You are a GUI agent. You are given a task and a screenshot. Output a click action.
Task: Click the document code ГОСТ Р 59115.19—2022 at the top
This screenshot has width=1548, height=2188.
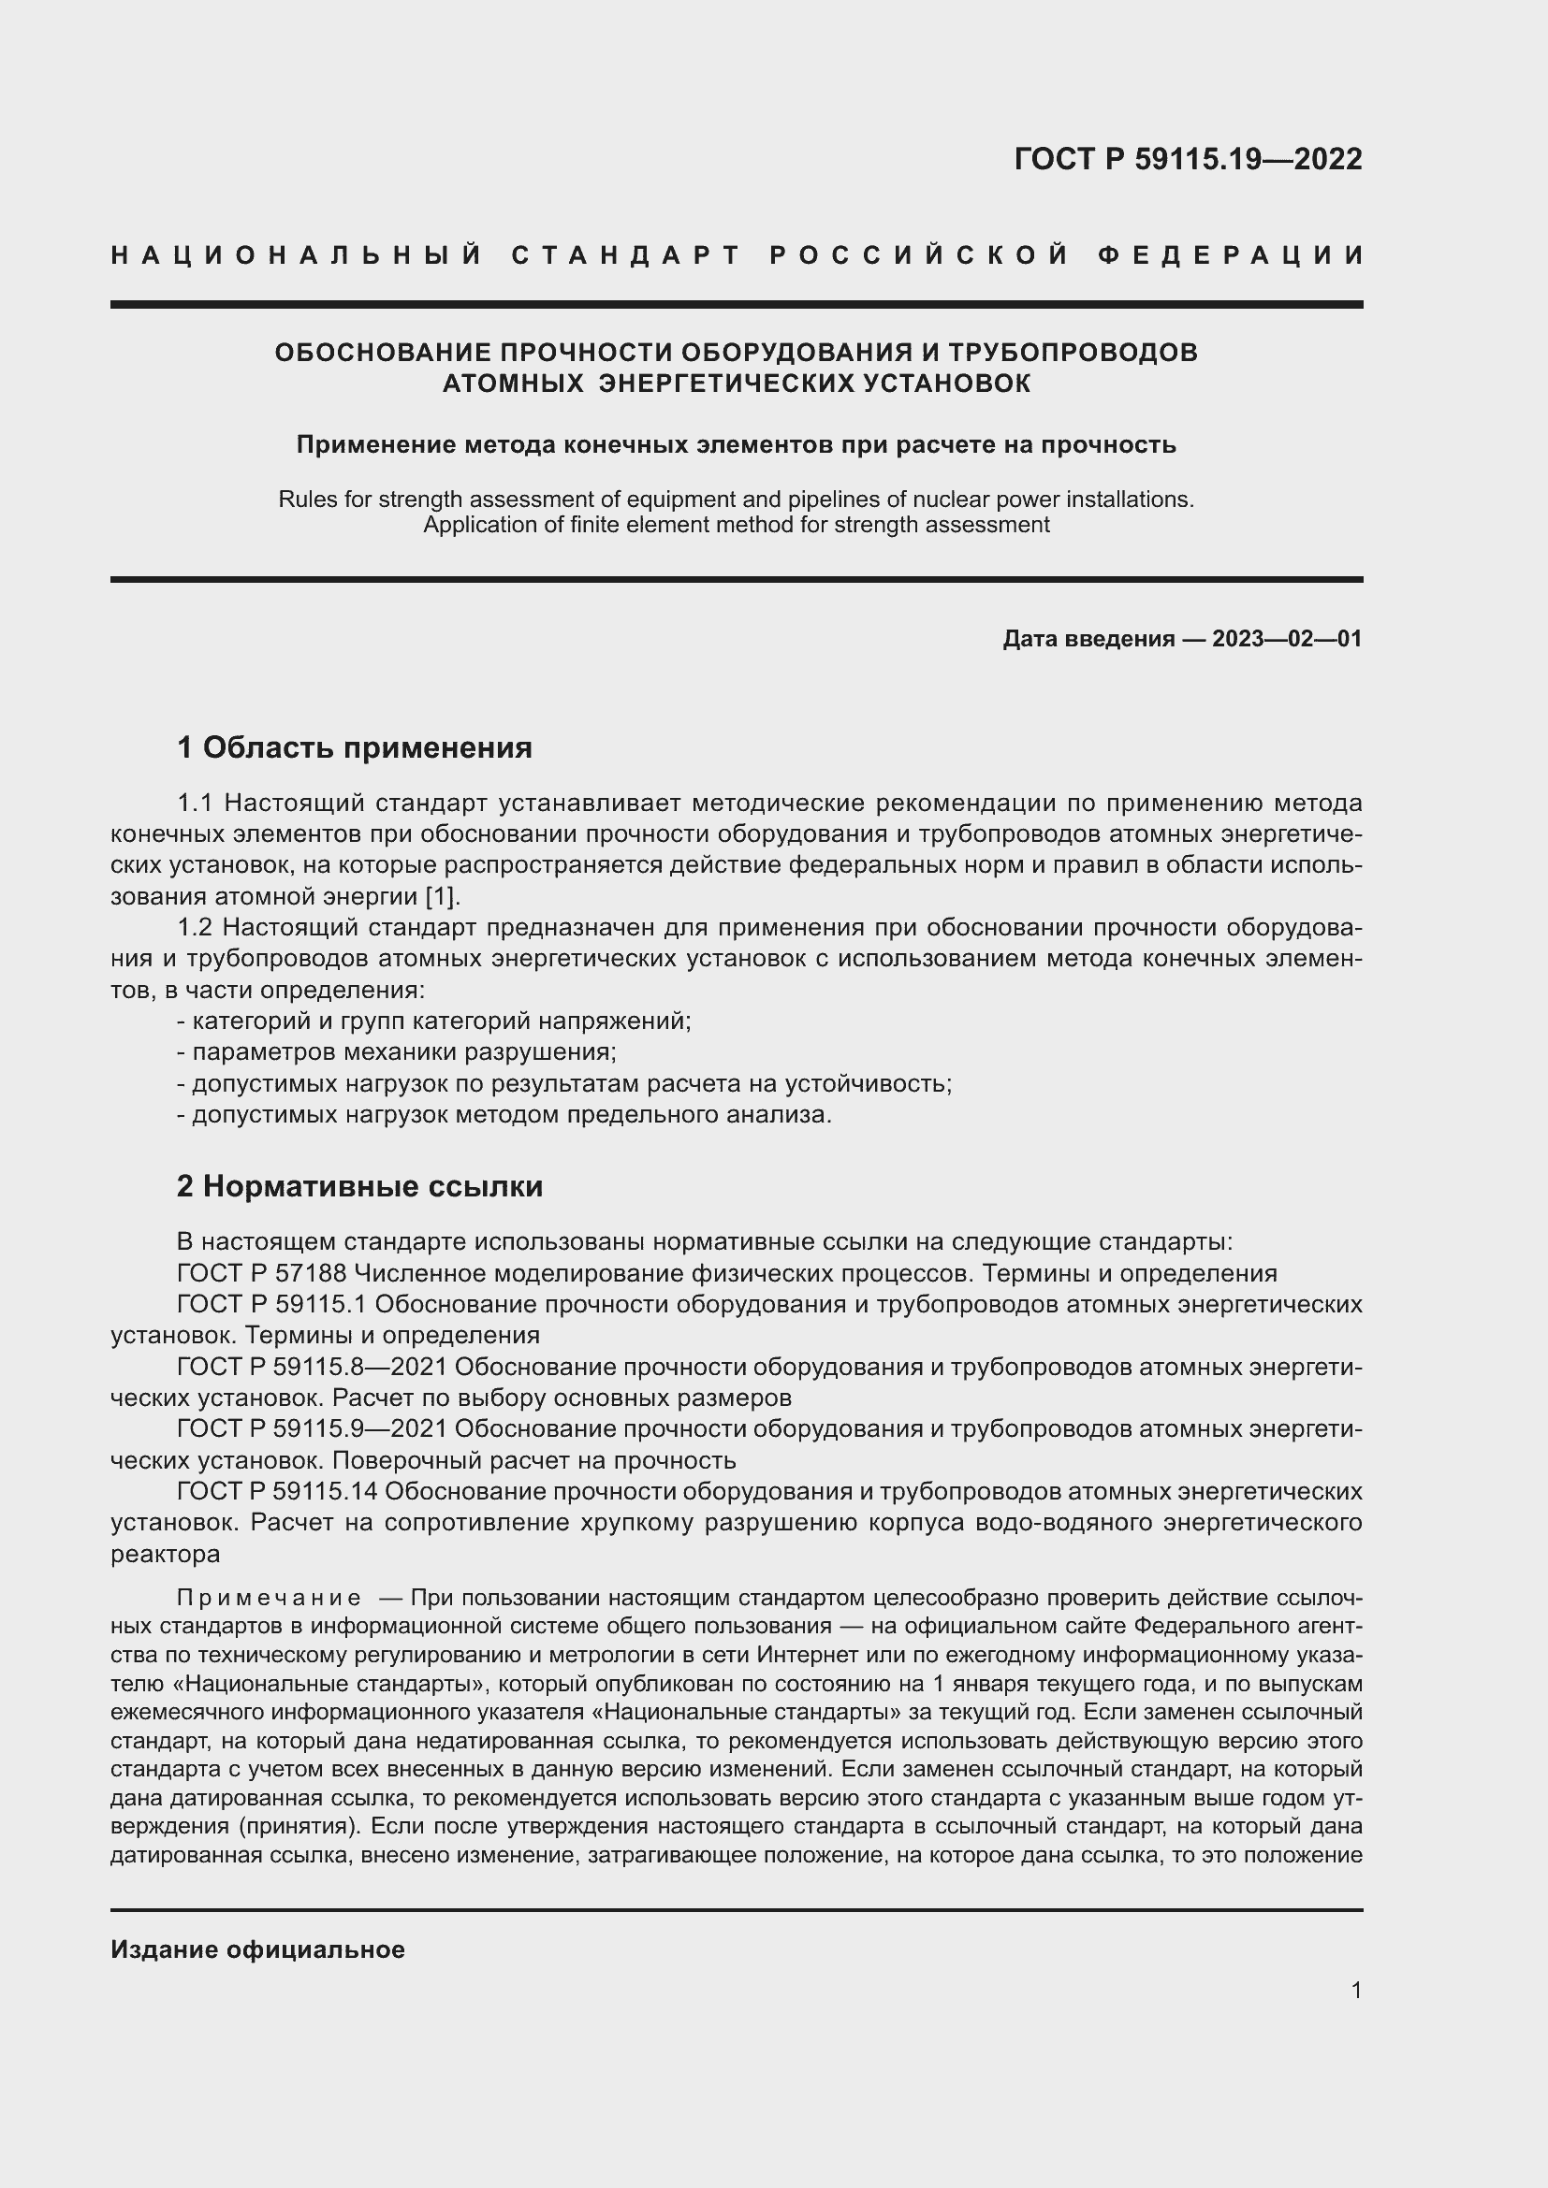1188,159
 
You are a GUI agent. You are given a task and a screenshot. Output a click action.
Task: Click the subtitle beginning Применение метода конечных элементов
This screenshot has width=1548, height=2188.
736,445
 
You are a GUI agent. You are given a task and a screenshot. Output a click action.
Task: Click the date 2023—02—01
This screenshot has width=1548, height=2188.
1287,639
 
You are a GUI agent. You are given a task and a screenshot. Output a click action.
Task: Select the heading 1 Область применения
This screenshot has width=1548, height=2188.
355,748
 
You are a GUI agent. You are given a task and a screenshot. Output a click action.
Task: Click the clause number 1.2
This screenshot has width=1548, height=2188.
196,927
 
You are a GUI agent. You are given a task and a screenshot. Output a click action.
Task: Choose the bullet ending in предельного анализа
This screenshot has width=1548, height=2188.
504,1114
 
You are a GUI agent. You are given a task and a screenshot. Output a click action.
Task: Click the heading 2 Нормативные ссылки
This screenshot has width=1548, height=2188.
360,1186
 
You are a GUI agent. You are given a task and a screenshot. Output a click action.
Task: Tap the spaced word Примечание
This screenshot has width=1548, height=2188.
269,1598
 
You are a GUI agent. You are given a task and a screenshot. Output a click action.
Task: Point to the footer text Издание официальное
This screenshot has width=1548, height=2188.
257,1949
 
